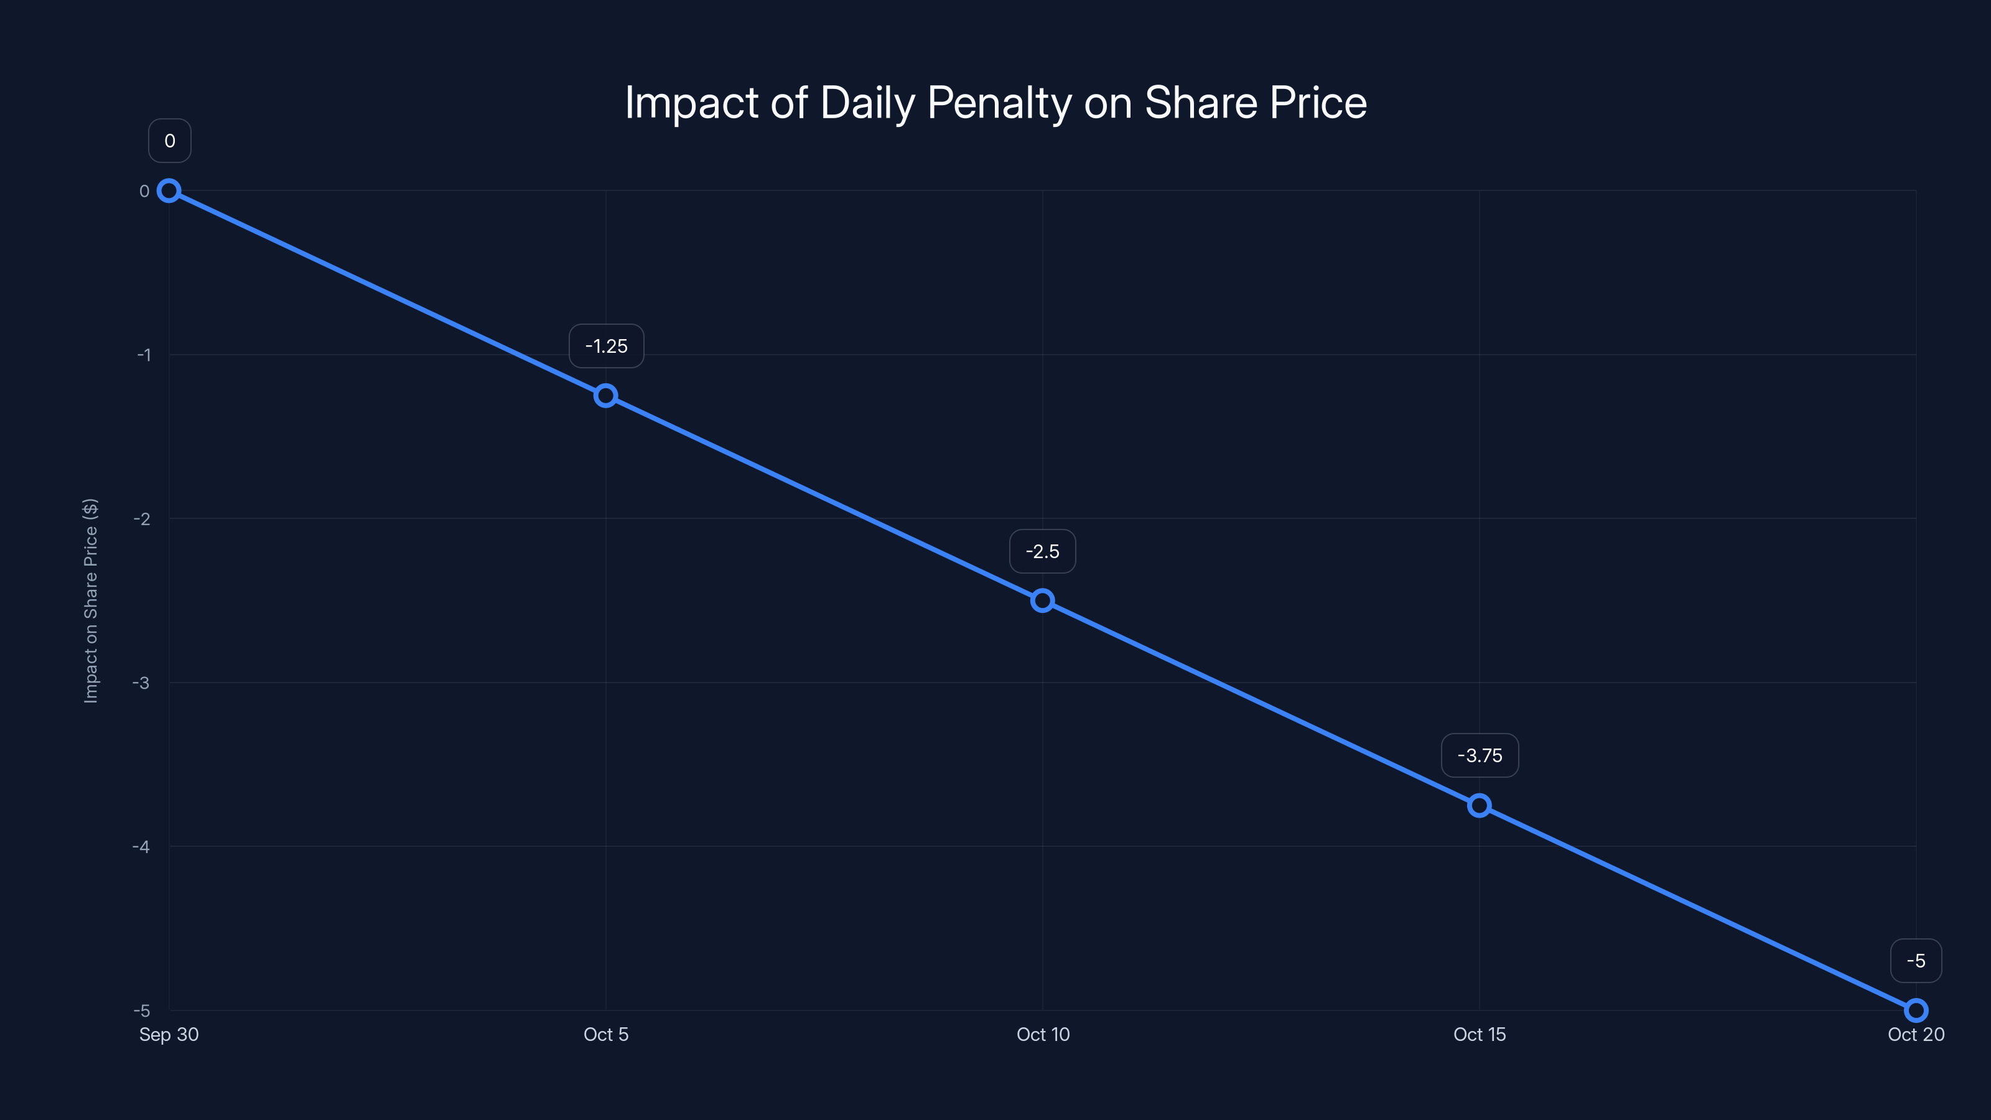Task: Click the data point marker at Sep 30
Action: coord(169,191)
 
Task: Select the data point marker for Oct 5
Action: coord(606,396)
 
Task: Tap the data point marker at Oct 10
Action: coord(1043,600)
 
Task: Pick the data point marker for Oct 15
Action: coord(1480,805)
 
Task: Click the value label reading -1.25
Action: coord(606,347)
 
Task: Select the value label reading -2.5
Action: coord(1043,551)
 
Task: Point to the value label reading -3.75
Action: coord(1480,755)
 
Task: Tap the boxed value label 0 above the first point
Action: coord(169,141)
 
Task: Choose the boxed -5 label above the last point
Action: coord(1916,961)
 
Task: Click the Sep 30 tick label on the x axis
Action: coord(169,1034)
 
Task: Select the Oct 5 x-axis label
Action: coord(606,1034)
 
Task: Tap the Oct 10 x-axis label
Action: coord(1043,1034)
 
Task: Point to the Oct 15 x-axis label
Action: coord(1480,1034)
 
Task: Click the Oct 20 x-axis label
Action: coord(1916,1034)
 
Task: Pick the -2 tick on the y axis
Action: coord(141,519)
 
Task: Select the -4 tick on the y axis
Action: coord(141,846)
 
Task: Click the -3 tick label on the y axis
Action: coord(141,683)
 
